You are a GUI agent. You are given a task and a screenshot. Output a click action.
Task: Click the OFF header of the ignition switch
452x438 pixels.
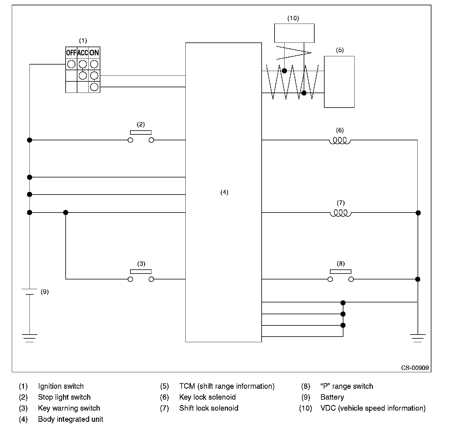click(71, 53)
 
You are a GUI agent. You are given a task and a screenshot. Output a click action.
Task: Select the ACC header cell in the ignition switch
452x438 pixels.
click(83, 53)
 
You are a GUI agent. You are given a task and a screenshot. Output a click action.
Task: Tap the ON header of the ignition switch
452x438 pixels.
click(94, 53)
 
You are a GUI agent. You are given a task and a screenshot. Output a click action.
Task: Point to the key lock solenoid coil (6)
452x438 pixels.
click(340, 141)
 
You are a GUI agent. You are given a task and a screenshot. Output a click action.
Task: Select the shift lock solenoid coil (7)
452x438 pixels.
click(340, 213)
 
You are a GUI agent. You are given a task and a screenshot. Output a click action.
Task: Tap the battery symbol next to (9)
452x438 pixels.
click(29, 292)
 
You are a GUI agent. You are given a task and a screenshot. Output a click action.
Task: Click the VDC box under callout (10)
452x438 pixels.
click(294, 33)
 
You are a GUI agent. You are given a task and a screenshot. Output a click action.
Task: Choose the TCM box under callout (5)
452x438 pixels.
click(339, 82)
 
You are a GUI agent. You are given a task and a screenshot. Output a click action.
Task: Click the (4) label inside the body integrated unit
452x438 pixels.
click(224, 192)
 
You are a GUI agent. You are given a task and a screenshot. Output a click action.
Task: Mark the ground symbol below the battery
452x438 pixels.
click(29, 338)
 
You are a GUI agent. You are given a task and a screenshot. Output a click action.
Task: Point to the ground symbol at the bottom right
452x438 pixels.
click(418, 338)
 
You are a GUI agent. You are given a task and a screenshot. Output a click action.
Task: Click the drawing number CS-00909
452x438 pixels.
click(415, 368)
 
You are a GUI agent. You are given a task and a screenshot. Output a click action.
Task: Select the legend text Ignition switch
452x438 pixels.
click(61, 386)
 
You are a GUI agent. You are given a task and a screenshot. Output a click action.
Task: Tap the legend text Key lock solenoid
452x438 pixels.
click(207, 397)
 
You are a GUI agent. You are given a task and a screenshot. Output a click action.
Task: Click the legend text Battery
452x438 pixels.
click(332, 397)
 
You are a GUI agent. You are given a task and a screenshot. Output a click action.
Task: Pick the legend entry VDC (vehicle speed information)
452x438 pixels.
click(373, 408)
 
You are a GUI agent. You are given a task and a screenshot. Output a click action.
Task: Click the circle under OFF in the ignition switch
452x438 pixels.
click(71, 64)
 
